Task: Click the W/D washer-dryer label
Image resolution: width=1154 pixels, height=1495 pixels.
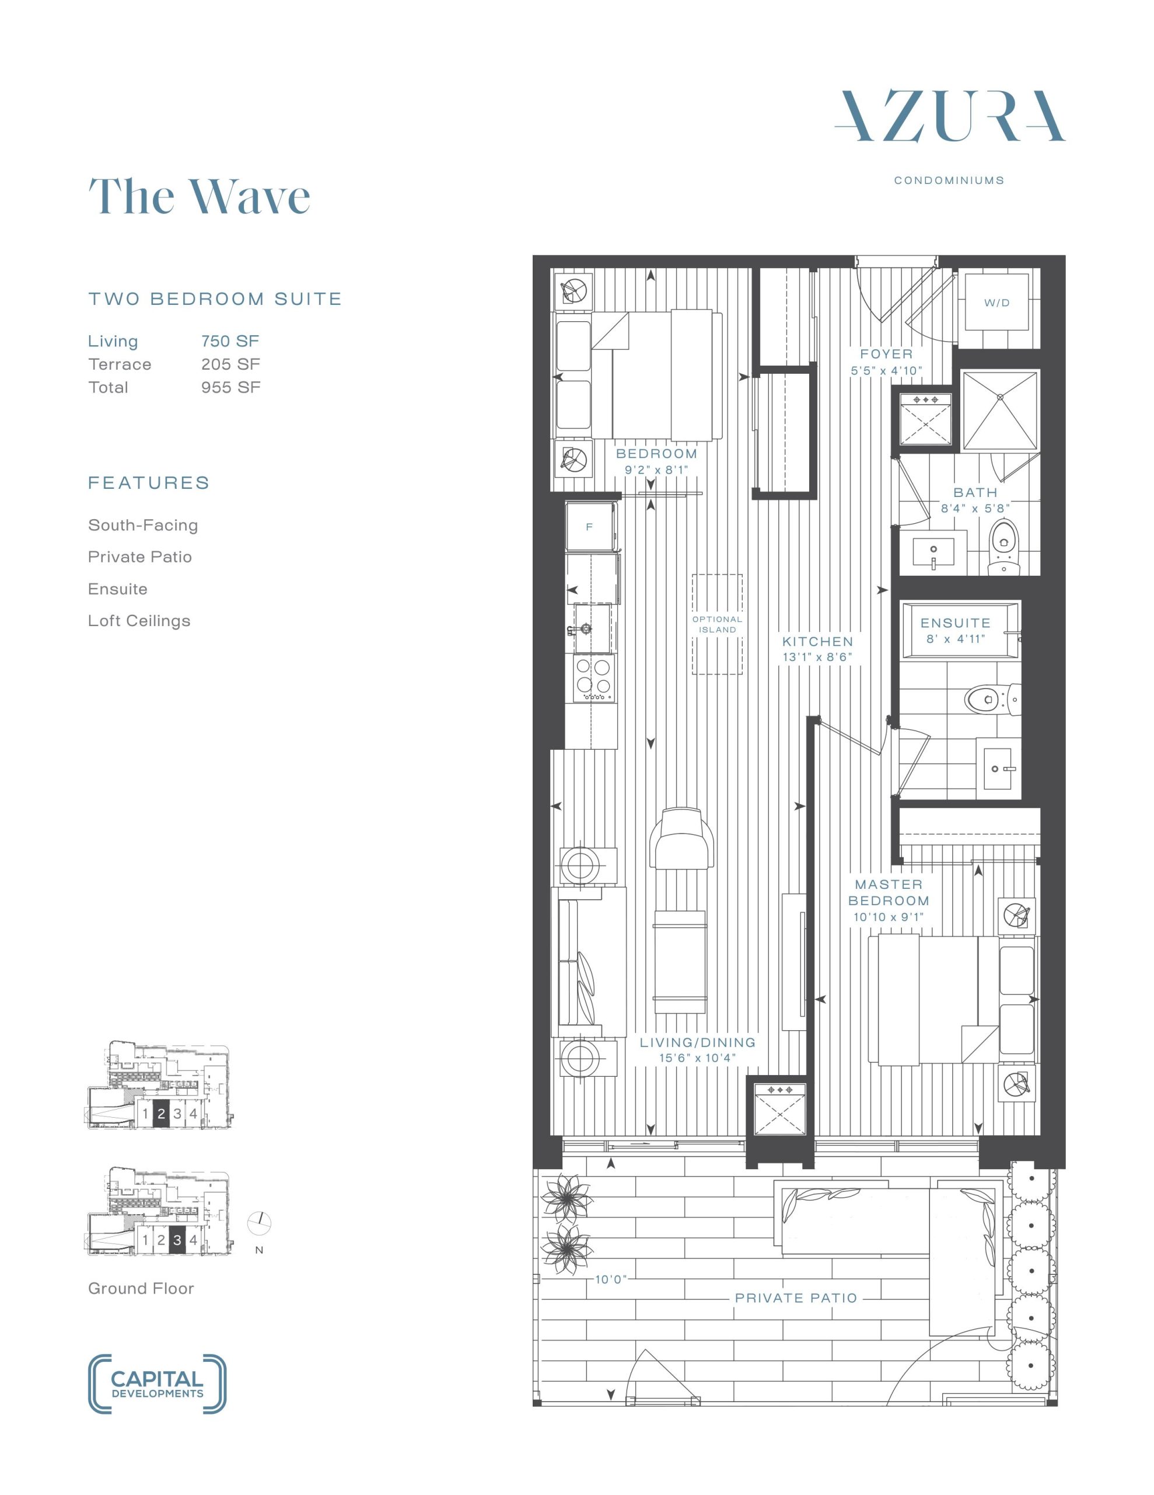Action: (x=996, y=303)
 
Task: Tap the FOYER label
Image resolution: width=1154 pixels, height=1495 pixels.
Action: (x=887, y=354)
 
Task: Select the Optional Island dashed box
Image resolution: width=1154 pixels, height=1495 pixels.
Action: (x=717, y=624)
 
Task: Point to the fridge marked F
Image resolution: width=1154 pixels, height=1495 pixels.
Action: (x=590, y=526)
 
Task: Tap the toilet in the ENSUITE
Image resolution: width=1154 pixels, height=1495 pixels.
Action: (x=988, y=700)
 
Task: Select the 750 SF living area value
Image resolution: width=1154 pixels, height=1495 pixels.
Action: (x=230, y=341)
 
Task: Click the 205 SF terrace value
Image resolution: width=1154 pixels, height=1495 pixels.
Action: (x=230, y=364)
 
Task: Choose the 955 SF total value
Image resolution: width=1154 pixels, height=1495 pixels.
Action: (x=230, y=387)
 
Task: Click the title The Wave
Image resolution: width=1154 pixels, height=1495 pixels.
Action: (x=200, y=196)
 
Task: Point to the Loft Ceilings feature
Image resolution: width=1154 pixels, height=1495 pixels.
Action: (x=139, y=621)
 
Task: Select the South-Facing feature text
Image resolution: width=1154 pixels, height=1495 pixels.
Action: (x=143, y=525)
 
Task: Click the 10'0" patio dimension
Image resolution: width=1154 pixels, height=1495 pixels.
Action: (x=610, y=1280)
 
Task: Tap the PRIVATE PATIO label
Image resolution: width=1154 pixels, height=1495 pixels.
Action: (x=796, y=1298)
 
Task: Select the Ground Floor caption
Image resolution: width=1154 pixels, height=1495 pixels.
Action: (x=141, y=1288)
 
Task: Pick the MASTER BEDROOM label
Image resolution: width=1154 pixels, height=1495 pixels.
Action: (x=889, y=892)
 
